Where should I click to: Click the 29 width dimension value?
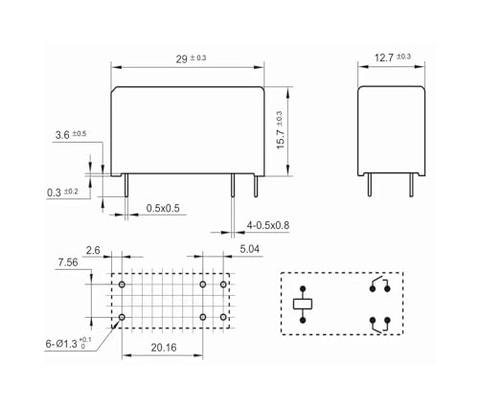(x=191, y=58)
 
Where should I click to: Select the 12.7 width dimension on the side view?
(x=393, y=57)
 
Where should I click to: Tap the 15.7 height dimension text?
(x=280, y=130)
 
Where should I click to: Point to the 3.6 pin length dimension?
(x=71, y=134)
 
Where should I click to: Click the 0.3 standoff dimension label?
(x=62, y=193)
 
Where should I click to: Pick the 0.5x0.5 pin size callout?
(x=163, y=208)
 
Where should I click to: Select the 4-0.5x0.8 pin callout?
(x=268, y=225)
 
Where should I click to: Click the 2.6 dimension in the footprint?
(x=93, y=250)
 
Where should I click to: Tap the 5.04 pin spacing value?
(x=250, y=249)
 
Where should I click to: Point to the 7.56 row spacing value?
(x=68, y=262)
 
